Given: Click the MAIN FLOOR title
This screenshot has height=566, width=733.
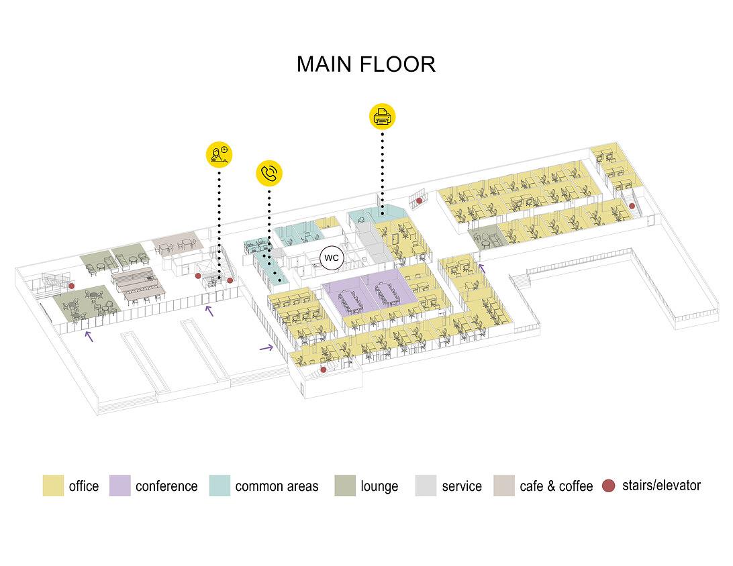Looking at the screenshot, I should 366,64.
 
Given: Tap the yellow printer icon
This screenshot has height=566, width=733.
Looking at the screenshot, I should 382,116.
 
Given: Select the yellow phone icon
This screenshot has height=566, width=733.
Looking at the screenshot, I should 269,173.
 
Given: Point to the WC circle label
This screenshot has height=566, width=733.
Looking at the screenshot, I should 330,258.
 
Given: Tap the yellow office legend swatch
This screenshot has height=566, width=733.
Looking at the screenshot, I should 53,486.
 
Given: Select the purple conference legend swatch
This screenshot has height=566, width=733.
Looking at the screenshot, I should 119,486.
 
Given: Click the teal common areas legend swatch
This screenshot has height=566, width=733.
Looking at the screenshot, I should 219,486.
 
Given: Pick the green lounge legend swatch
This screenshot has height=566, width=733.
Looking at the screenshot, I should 345,486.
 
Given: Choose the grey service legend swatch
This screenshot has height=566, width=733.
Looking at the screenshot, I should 426,486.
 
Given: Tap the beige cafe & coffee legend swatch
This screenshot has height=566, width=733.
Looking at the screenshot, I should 503,486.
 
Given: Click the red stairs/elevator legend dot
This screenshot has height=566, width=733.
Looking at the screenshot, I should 608,486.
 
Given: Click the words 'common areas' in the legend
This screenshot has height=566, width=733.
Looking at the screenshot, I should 277,486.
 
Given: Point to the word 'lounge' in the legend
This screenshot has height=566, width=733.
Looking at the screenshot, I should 379,486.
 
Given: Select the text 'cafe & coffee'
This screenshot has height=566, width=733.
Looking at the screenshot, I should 556,486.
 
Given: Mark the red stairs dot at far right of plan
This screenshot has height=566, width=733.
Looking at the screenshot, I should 632,206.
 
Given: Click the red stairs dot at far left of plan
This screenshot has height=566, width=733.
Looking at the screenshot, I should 72,286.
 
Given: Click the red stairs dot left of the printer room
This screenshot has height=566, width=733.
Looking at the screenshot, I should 420,201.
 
